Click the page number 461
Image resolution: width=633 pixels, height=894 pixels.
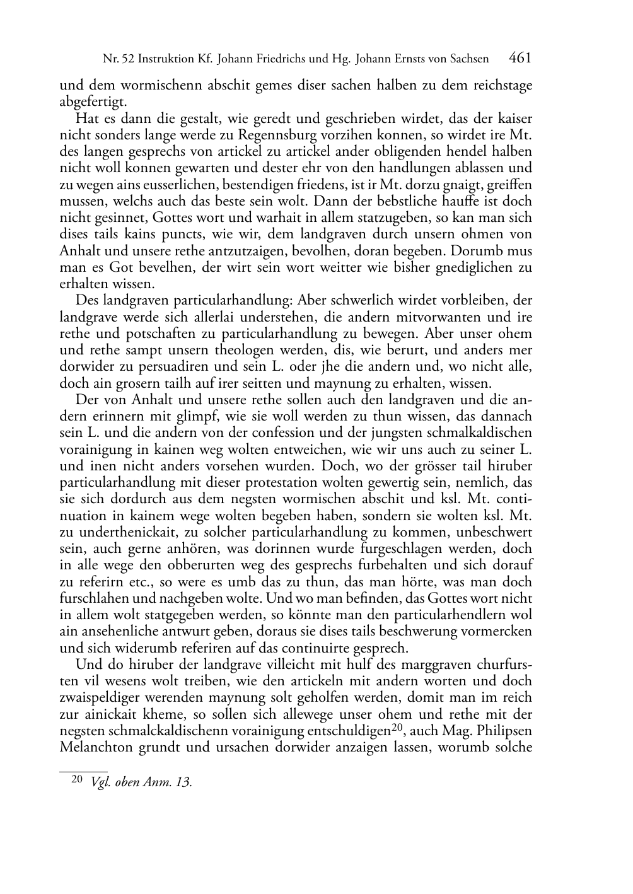520,58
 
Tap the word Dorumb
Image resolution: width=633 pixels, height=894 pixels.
467,250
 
